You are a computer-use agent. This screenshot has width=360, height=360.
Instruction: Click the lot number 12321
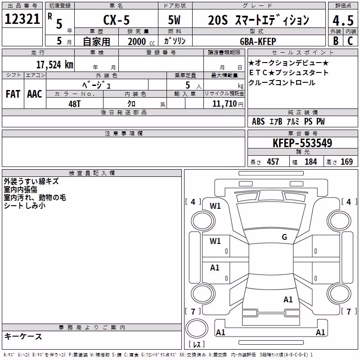pyautogui.click(x=22, y=19)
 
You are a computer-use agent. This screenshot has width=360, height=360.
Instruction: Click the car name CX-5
pyautogui.click(x=117, y=20)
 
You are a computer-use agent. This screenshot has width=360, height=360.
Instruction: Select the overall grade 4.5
pyautogui.click(x=343, y=21)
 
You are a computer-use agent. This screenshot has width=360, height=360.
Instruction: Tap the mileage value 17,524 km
pyautogui.click(x=54, y=65)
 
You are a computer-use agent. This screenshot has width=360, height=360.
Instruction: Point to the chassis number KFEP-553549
pyautogui.click(x=302, y=143)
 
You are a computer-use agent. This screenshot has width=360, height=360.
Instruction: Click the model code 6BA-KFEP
pyautogui.click(x=258, y=41)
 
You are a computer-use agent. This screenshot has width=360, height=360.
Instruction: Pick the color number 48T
pyautogui.click(x=74, y=104)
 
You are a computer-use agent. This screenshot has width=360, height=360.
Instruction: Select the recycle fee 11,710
pyautogui.click(x=225, y=104)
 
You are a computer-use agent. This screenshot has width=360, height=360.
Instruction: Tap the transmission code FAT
pyautogui.click(x=13, y=94)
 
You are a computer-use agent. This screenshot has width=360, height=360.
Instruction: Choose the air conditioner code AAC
pyautogui.click(x=35, y=94)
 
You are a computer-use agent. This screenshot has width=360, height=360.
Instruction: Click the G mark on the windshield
pyautogui.click(x=284, y=237)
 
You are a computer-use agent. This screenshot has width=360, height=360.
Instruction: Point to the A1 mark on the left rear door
pyautogui.click(x=215, y=268)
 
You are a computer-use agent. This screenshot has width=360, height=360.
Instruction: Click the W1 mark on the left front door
pyautogui.click(x=215, y=241)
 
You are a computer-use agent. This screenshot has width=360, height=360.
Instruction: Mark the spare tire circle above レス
pyautogui.click(x=197, y=328)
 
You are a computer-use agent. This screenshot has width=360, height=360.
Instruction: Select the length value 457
pyautogui.click(x=273, y=162)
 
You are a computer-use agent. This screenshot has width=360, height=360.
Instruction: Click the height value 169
pyautogui.click(x=346, y=162)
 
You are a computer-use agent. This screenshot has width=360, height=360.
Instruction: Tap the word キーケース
pyautogui.click(x=23, y=337)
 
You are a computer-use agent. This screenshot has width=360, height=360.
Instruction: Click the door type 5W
pyautogui.click(x=174, y=20)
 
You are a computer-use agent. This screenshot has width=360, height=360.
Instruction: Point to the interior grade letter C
pyautogui.click(x=350, y=41)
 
